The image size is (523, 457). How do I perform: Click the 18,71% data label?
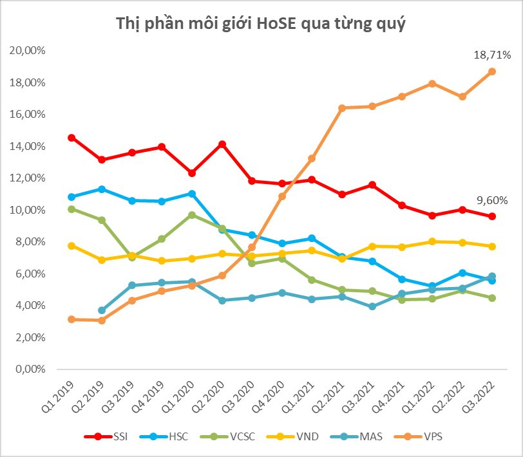[493, 55]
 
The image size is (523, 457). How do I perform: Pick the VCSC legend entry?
[233, 437]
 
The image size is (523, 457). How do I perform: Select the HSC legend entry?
[169, 437]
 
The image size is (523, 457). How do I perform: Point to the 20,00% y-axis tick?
[26, 51]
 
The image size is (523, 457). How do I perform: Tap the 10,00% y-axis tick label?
[26, 210]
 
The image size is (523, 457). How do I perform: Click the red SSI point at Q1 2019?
[72, 138]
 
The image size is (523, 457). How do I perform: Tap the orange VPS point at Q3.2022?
[491, 71]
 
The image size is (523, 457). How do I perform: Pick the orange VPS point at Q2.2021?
[341, 108]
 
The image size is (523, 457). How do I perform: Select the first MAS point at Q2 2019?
[102, 310]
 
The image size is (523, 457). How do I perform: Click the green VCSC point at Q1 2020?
[192, 215]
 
